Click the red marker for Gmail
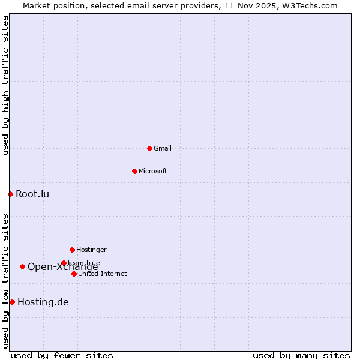[x=149, y=148]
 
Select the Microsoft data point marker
[x=134, y=171]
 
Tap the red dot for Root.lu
[x=10, y=194]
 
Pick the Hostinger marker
[x=72, y=250]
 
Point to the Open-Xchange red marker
[x=22, y=266]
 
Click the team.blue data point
[x=64, y=263]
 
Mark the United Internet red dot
[x=74, y=274]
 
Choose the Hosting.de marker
[x=12, y=302]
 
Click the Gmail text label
[x=163, y=148]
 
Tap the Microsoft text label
[x=153, y=171]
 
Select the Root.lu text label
[x=32, y=194]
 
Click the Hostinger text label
[x=91, y=250]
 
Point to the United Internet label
[x=103, y=274]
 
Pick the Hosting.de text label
[x=43, y=302]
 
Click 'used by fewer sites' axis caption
[x=62, y=355]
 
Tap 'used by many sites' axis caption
[x=301, y=355]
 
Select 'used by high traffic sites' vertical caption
[x=5, y=85]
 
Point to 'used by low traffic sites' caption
[x=5, y=281]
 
